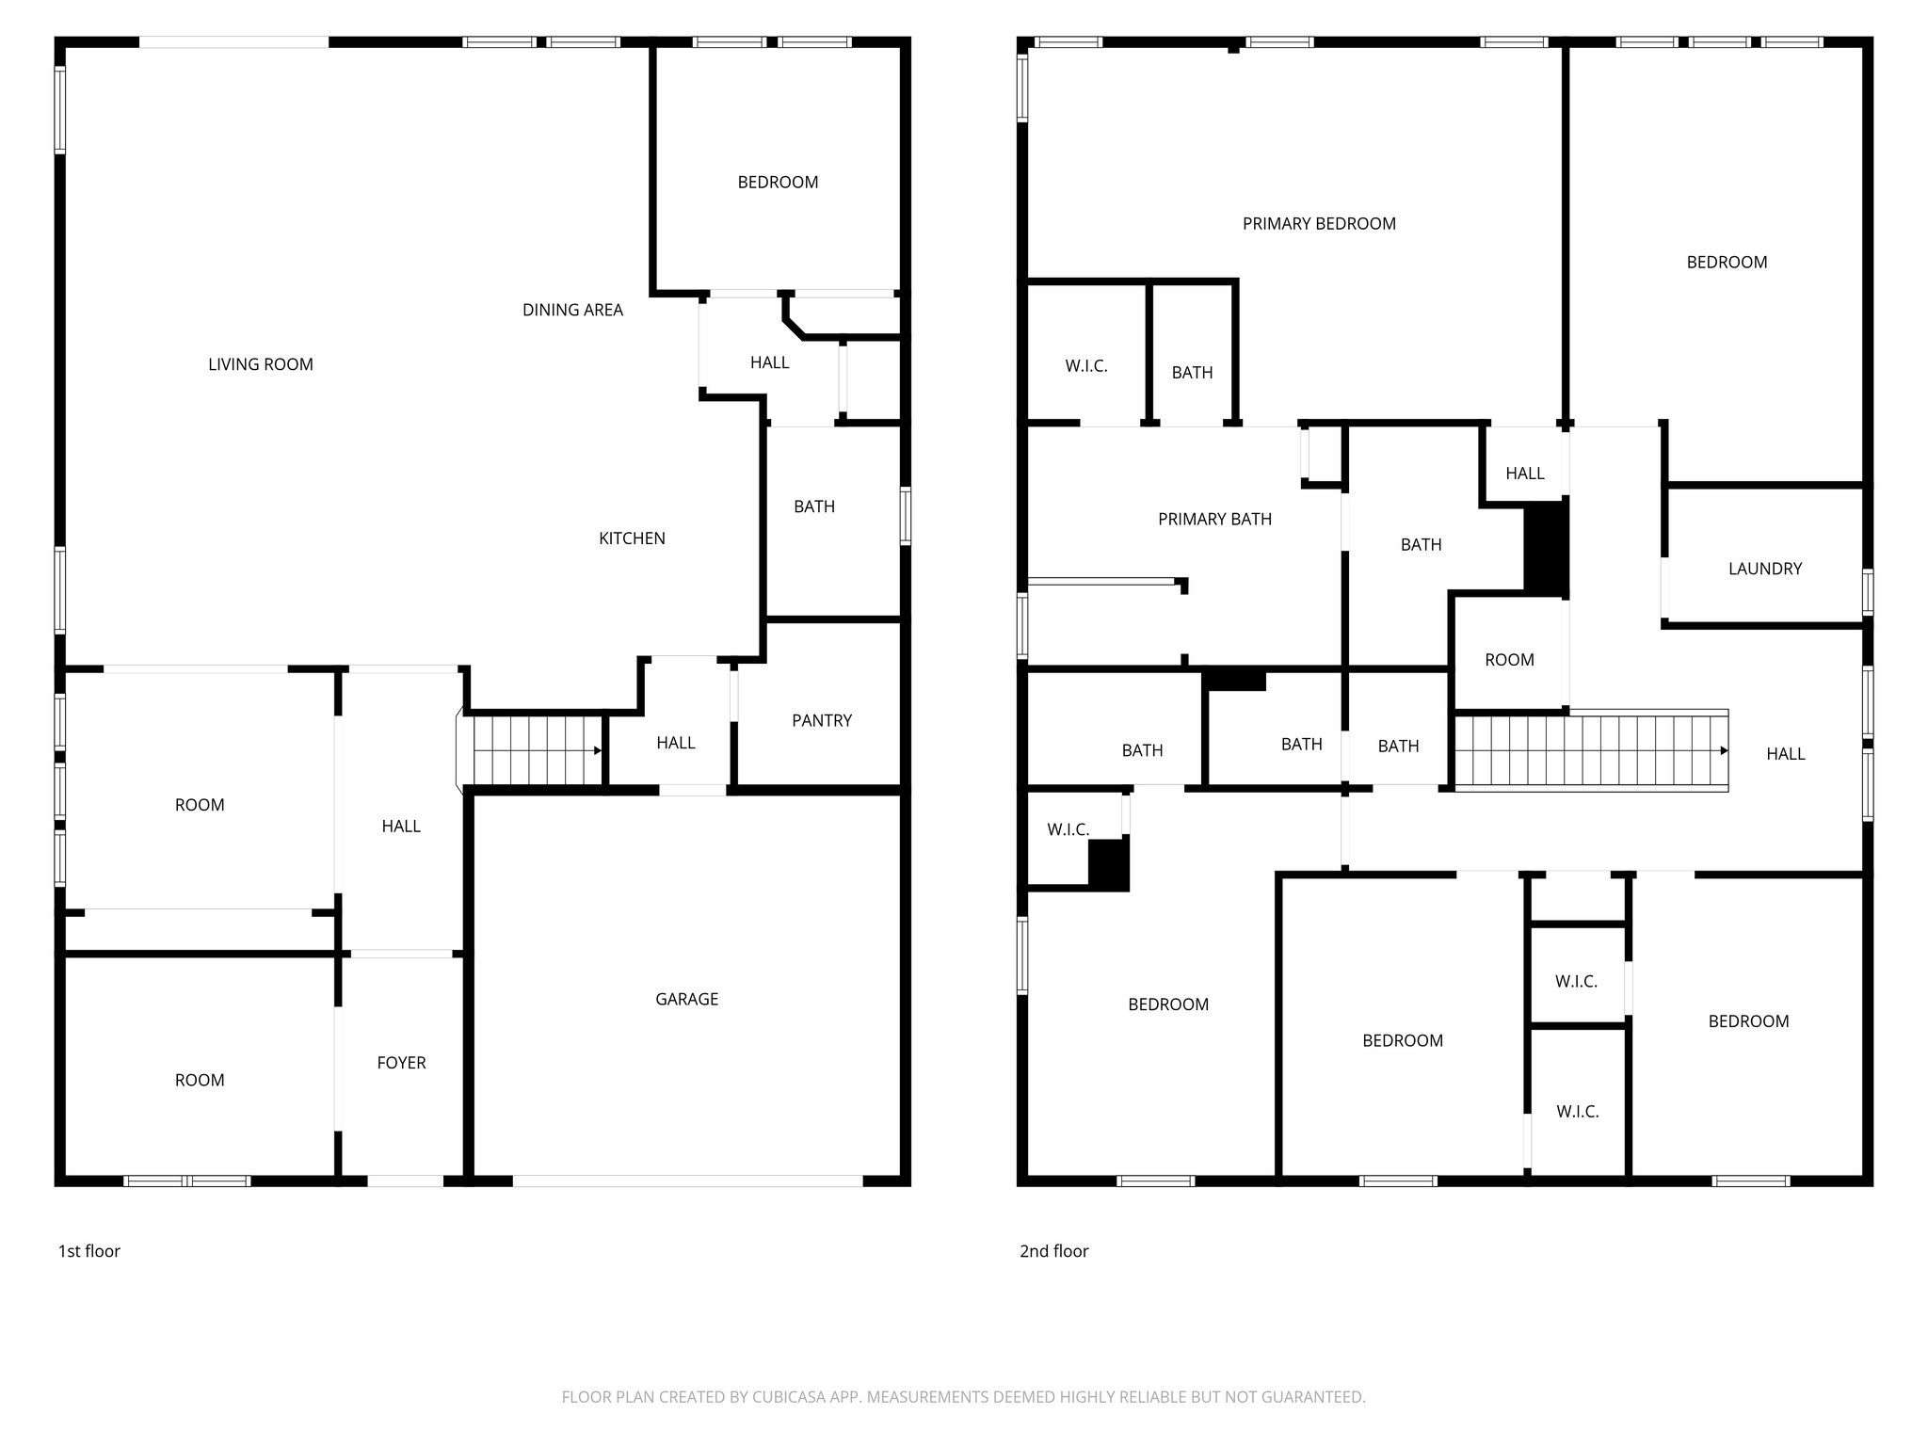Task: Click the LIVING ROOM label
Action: pyautogui.click(x=261, y=364)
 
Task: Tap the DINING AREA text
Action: pyautogui.click(x=572, y=310)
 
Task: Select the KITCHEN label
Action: pyautogui.click(x=632, y=538)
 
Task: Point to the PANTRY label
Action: pyautogui.click(x=821, y=720)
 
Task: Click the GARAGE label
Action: pyautogui.click(x=686, y=999)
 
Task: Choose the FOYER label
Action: pyautogui.click(x=401, y=1063)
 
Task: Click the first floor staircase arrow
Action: pyautogui.click(x=597, y=750)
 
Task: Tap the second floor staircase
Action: pyautogui.click(x=1591, y=750)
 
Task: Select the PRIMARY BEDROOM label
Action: pyautogui.click(x=1318, y=223)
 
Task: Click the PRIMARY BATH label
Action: pyautogui.click(x=1214, y=519)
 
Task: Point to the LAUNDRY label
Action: pyautogui.click(x=1764, y=569)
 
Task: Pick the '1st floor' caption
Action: pyautogui.click(x=89, y=1251)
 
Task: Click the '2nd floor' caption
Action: pyautogui.click(x=1053, y=1251)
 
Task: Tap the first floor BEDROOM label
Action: pyautogui.click(x=778, y=183)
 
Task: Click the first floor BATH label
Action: pyautogui.click(x=813, y=506)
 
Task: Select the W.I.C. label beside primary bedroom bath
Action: pyautogui.click(x=1085, y=366)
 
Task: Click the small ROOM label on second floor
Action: pyautogui.click(x=1509, y=660)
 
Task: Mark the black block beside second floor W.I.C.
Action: pyautogui.click(x=1108, y=863)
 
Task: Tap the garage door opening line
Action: pyautogui.click(x=687, y=1181)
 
